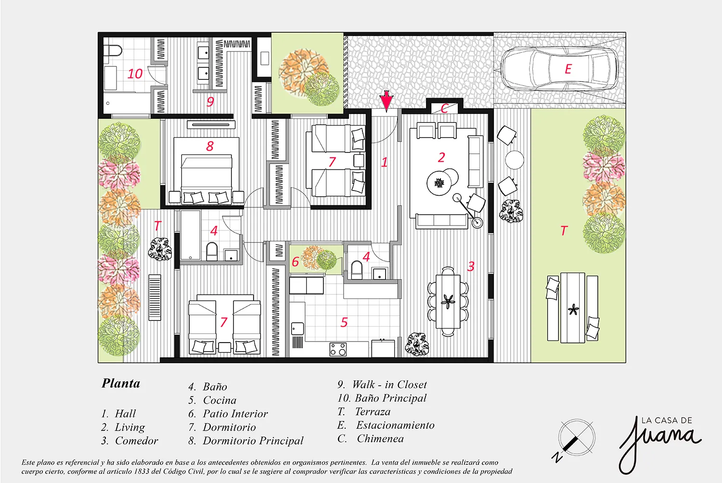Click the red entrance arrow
[386, 101]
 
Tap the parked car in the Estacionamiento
[559, 69]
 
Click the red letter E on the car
[568, 69]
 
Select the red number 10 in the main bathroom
[135, 74]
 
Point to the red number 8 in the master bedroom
[210, 146]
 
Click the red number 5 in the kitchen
[344, 322]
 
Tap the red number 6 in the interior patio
[295, 262]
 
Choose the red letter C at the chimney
[444, 108]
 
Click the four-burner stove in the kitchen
[338, 349]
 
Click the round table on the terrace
[515, 160]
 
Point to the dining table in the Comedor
[448, 301]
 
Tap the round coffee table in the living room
[438, 183]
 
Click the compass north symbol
[576, 438]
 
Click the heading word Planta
[121, 383]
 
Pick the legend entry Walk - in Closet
[382, 384]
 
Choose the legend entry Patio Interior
[228, 414]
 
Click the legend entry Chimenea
[370, 439]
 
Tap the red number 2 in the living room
[441, 157]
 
